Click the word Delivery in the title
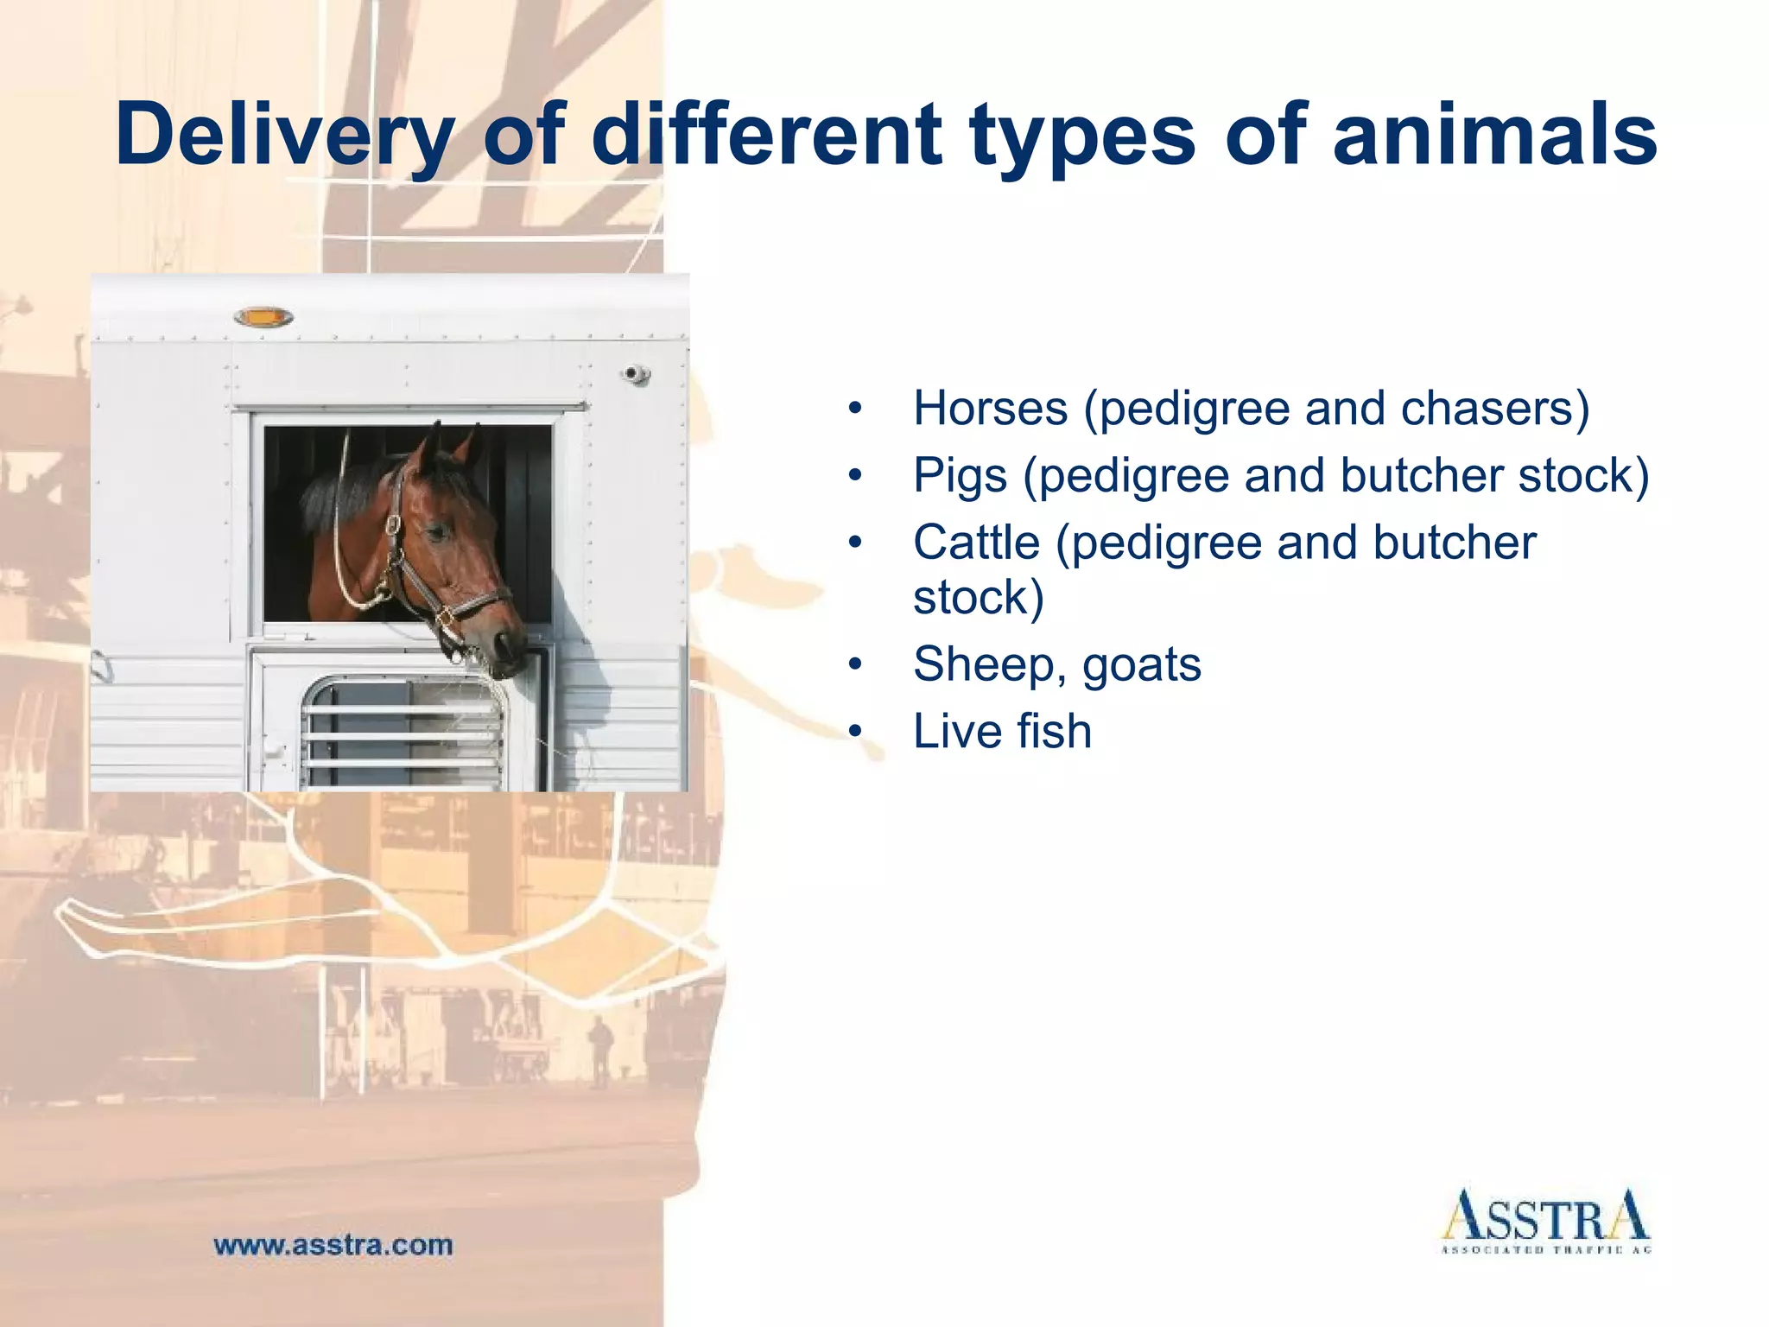[285, 137]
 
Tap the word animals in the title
[1494, 135]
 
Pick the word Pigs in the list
[960, 475]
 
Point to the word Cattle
[976, 543]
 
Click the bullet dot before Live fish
[855, 732]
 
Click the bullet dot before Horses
[855, 409]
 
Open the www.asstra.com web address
[333, 1245]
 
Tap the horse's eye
[438, 530]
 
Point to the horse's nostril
[503, 643]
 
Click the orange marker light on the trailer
[263, 318]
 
